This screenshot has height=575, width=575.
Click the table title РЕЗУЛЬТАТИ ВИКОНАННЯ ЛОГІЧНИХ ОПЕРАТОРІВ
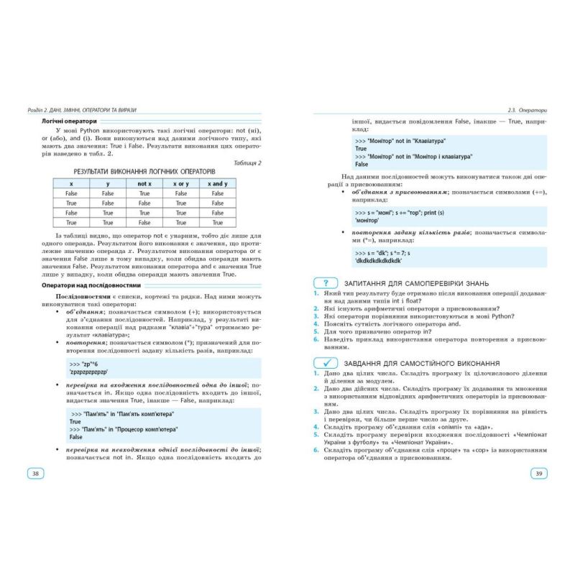coord(144,172)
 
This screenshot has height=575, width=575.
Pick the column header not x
coord(144,184)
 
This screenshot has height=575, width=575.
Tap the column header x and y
coord(217,184)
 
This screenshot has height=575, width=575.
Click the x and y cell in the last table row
coord(217,223)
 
